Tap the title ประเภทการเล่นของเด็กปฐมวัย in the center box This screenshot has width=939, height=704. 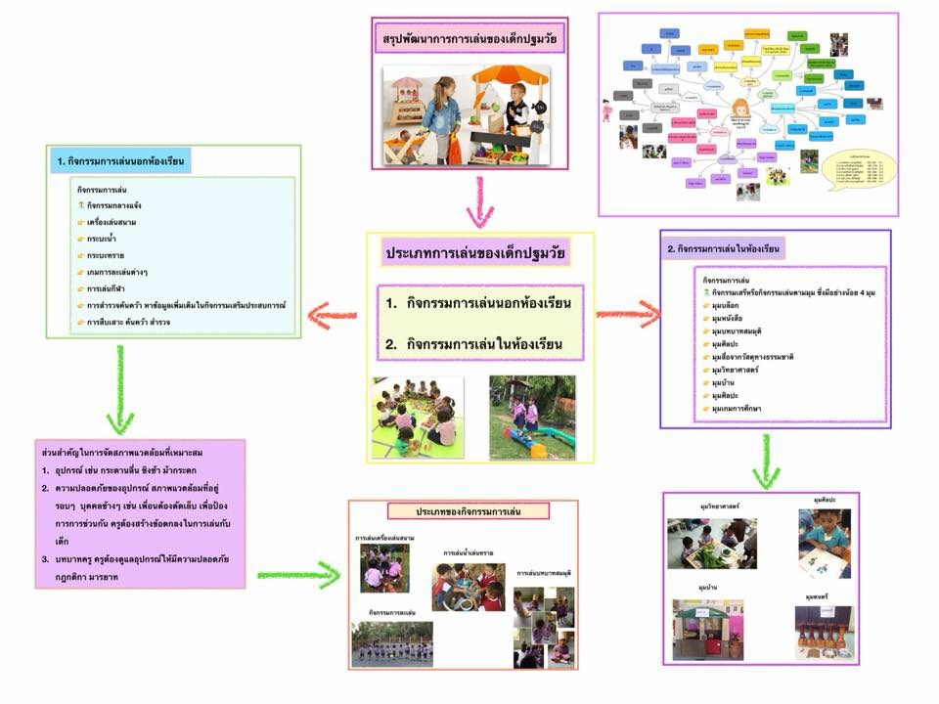(476, 253)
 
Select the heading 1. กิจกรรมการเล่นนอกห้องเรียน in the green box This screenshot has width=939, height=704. (121, 158)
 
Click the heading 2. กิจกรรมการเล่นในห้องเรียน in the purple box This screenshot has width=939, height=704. (725, 249)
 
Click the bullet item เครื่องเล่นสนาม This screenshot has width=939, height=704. (117, 223)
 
